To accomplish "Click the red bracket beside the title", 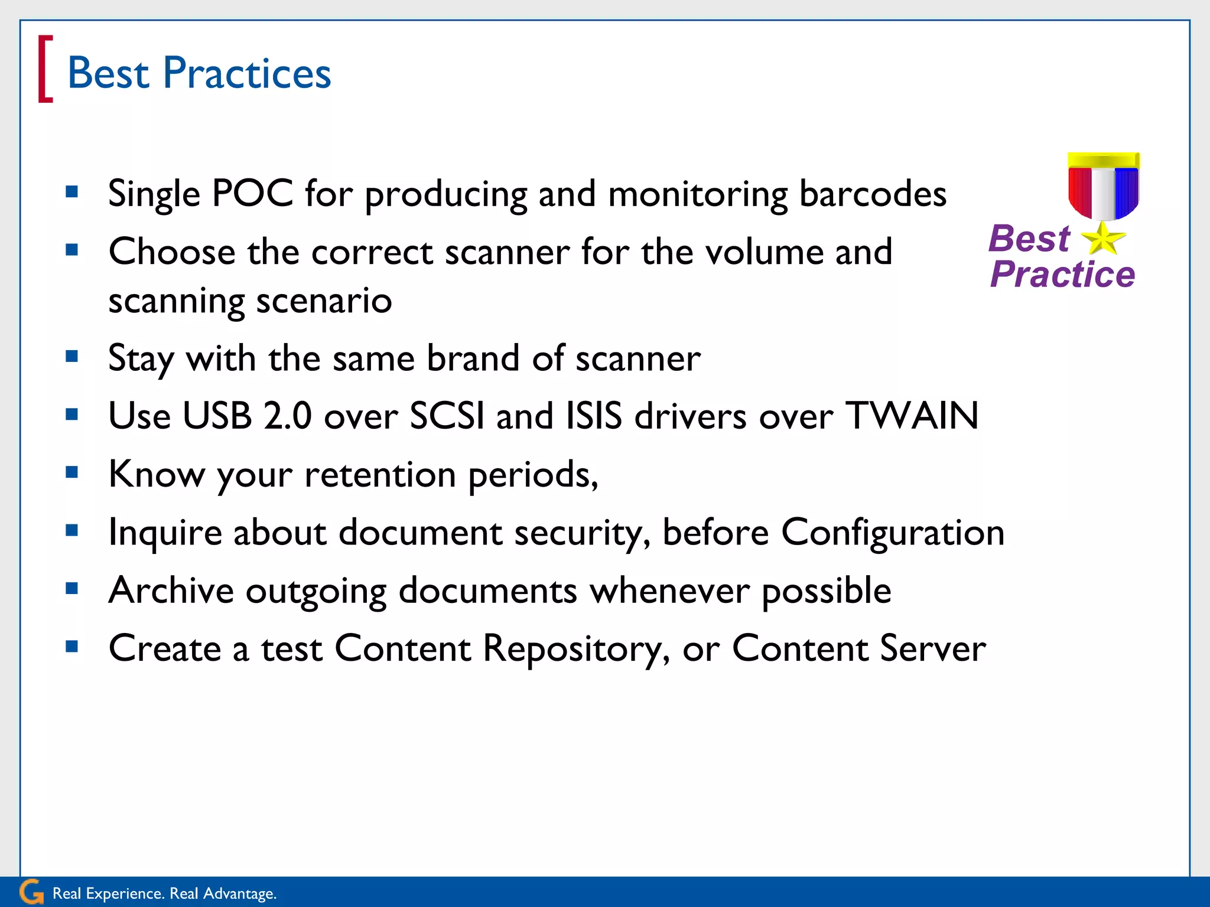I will pyautogui.click(x=45, y=69).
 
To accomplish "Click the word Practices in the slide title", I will pyautogui.click(x=246, y=73).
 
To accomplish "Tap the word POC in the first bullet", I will pyautogui.click(x=252, y=193).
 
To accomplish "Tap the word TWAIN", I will pyautogui.click(x=912, y=416).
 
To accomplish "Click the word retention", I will pyautogui.click(x=380, y=474).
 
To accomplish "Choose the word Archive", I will pyautogui.click(x=171, y=590).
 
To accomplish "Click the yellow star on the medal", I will pyautogui.click(x=1102, y=239).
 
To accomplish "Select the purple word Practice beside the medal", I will pyautogui.click(x=1062, y=275).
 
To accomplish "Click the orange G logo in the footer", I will pyautogui.click(x=31, y=892).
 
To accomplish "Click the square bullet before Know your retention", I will pyautogui.click(x=72, y=472).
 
